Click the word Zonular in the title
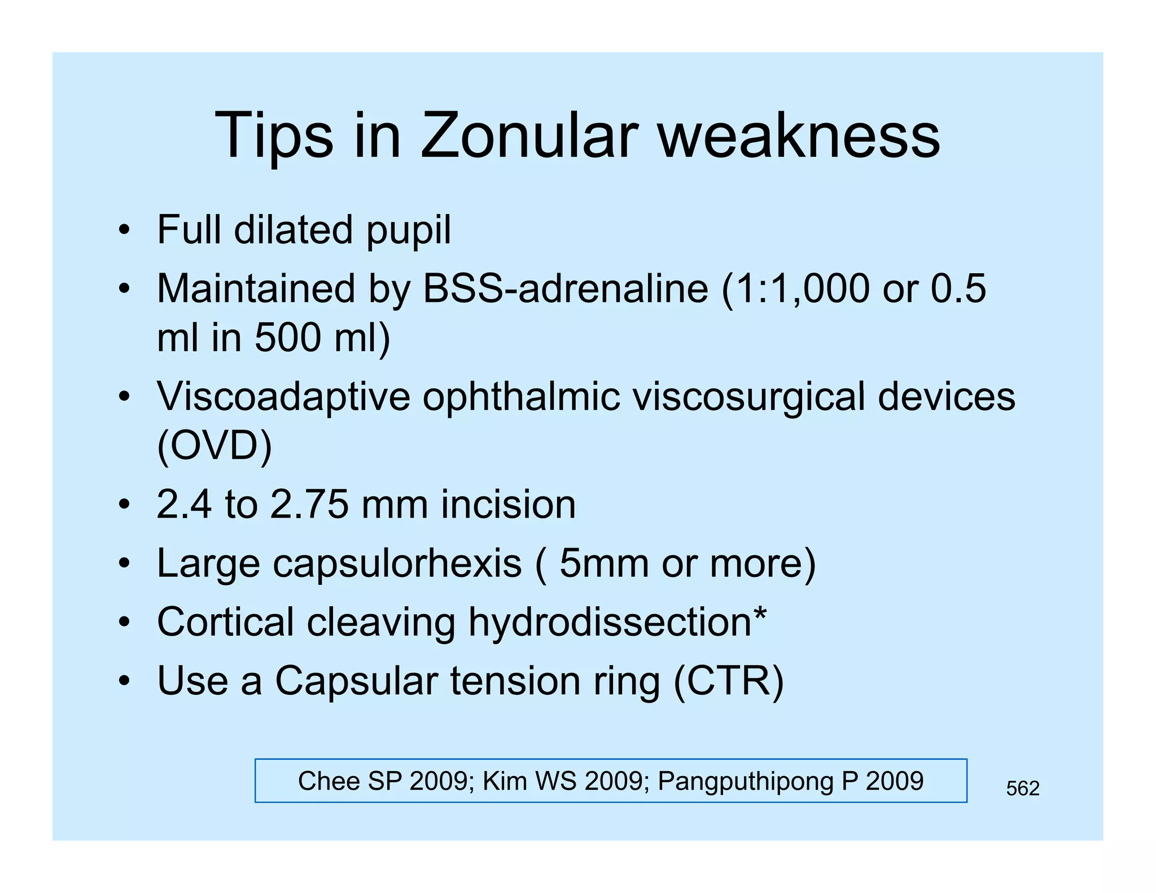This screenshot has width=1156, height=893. pyautogui.click(x=529, y=136)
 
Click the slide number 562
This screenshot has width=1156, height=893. pyautogui.click(x=1022, y=788)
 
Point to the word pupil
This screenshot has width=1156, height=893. pyautogui.click(x=409, y=231)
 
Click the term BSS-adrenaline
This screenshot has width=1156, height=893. pyautogui.click(x=565, y=288)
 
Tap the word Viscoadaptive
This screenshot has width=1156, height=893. pyautogui.click(x=283, y=397)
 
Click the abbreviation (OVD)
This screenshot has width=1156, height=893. pyautogui.click(x=214, y=446)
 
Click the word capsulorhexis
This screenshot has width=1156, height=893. pyautogui.click(x=397, y=564)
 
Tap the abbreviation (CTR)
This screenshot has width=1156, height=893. pyautogui.click(x=728, y=681)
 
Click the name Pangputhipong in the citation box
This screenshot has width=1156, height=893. pyautogui.click(x=746, y=781)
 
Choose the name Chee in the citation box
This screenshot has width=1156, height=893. pyautogui.click(x=329, y=781)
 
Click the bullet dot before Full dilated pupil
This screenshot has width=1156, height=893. pyautogui.click(x=124, y=230)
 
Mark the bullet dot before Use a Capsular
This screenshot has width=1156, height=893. pyautogui.click(x=124, y=681)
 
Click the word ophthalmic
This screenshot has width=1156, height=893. pyautogui.click(x=522, y=397)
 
